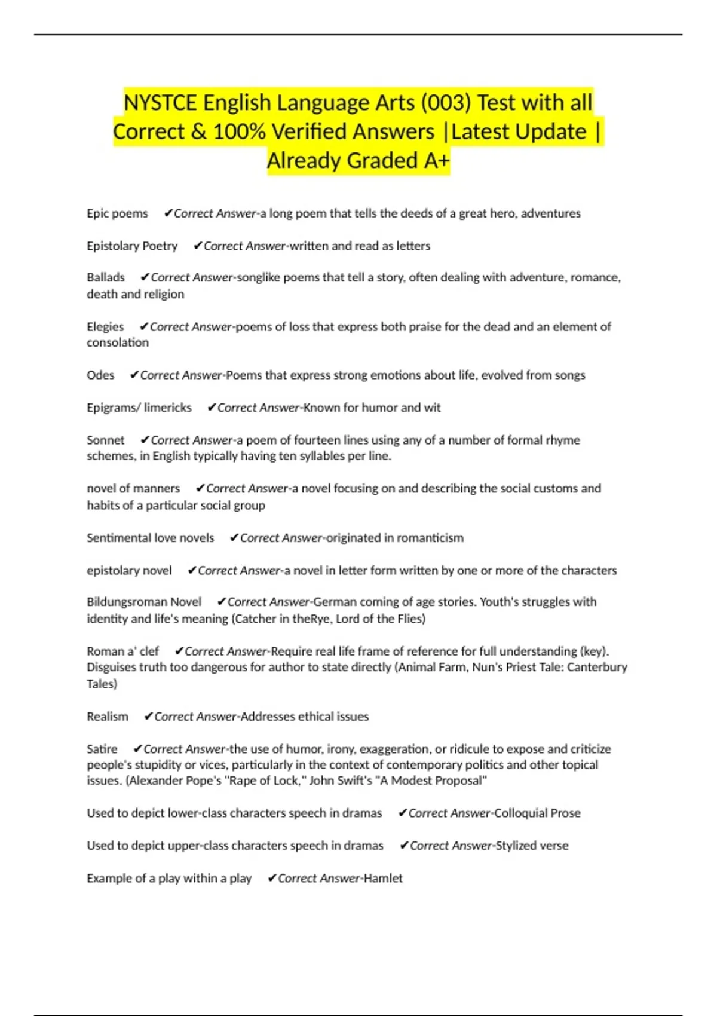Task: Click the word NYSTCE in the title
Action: tap(160, 103)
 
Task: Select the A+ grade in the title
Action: tap(436, 160)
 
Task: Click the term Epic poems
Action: tap(117, 213)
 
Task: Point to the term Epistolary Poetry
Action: tap(132, 246)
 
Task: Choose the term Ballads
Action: tap(106, 277)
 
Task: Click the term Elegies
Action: tap(105, 326)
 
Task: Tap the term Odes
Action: tap(100, 375)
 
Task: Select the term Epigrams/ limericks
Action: tap(139, 408)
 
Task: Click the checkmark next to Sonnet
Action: tap(145, 440)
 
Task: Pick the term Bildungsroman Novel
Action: tap(144, 602)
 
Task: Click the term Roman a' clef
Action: tap(123, 651)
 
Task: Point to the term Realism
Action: tap(108, 716)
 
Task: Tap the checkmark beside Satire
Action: tap(137, 749)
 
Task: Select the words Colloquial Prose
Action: tap(537, 813)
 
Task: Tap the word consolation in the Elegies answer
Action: tap(118, 342)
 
